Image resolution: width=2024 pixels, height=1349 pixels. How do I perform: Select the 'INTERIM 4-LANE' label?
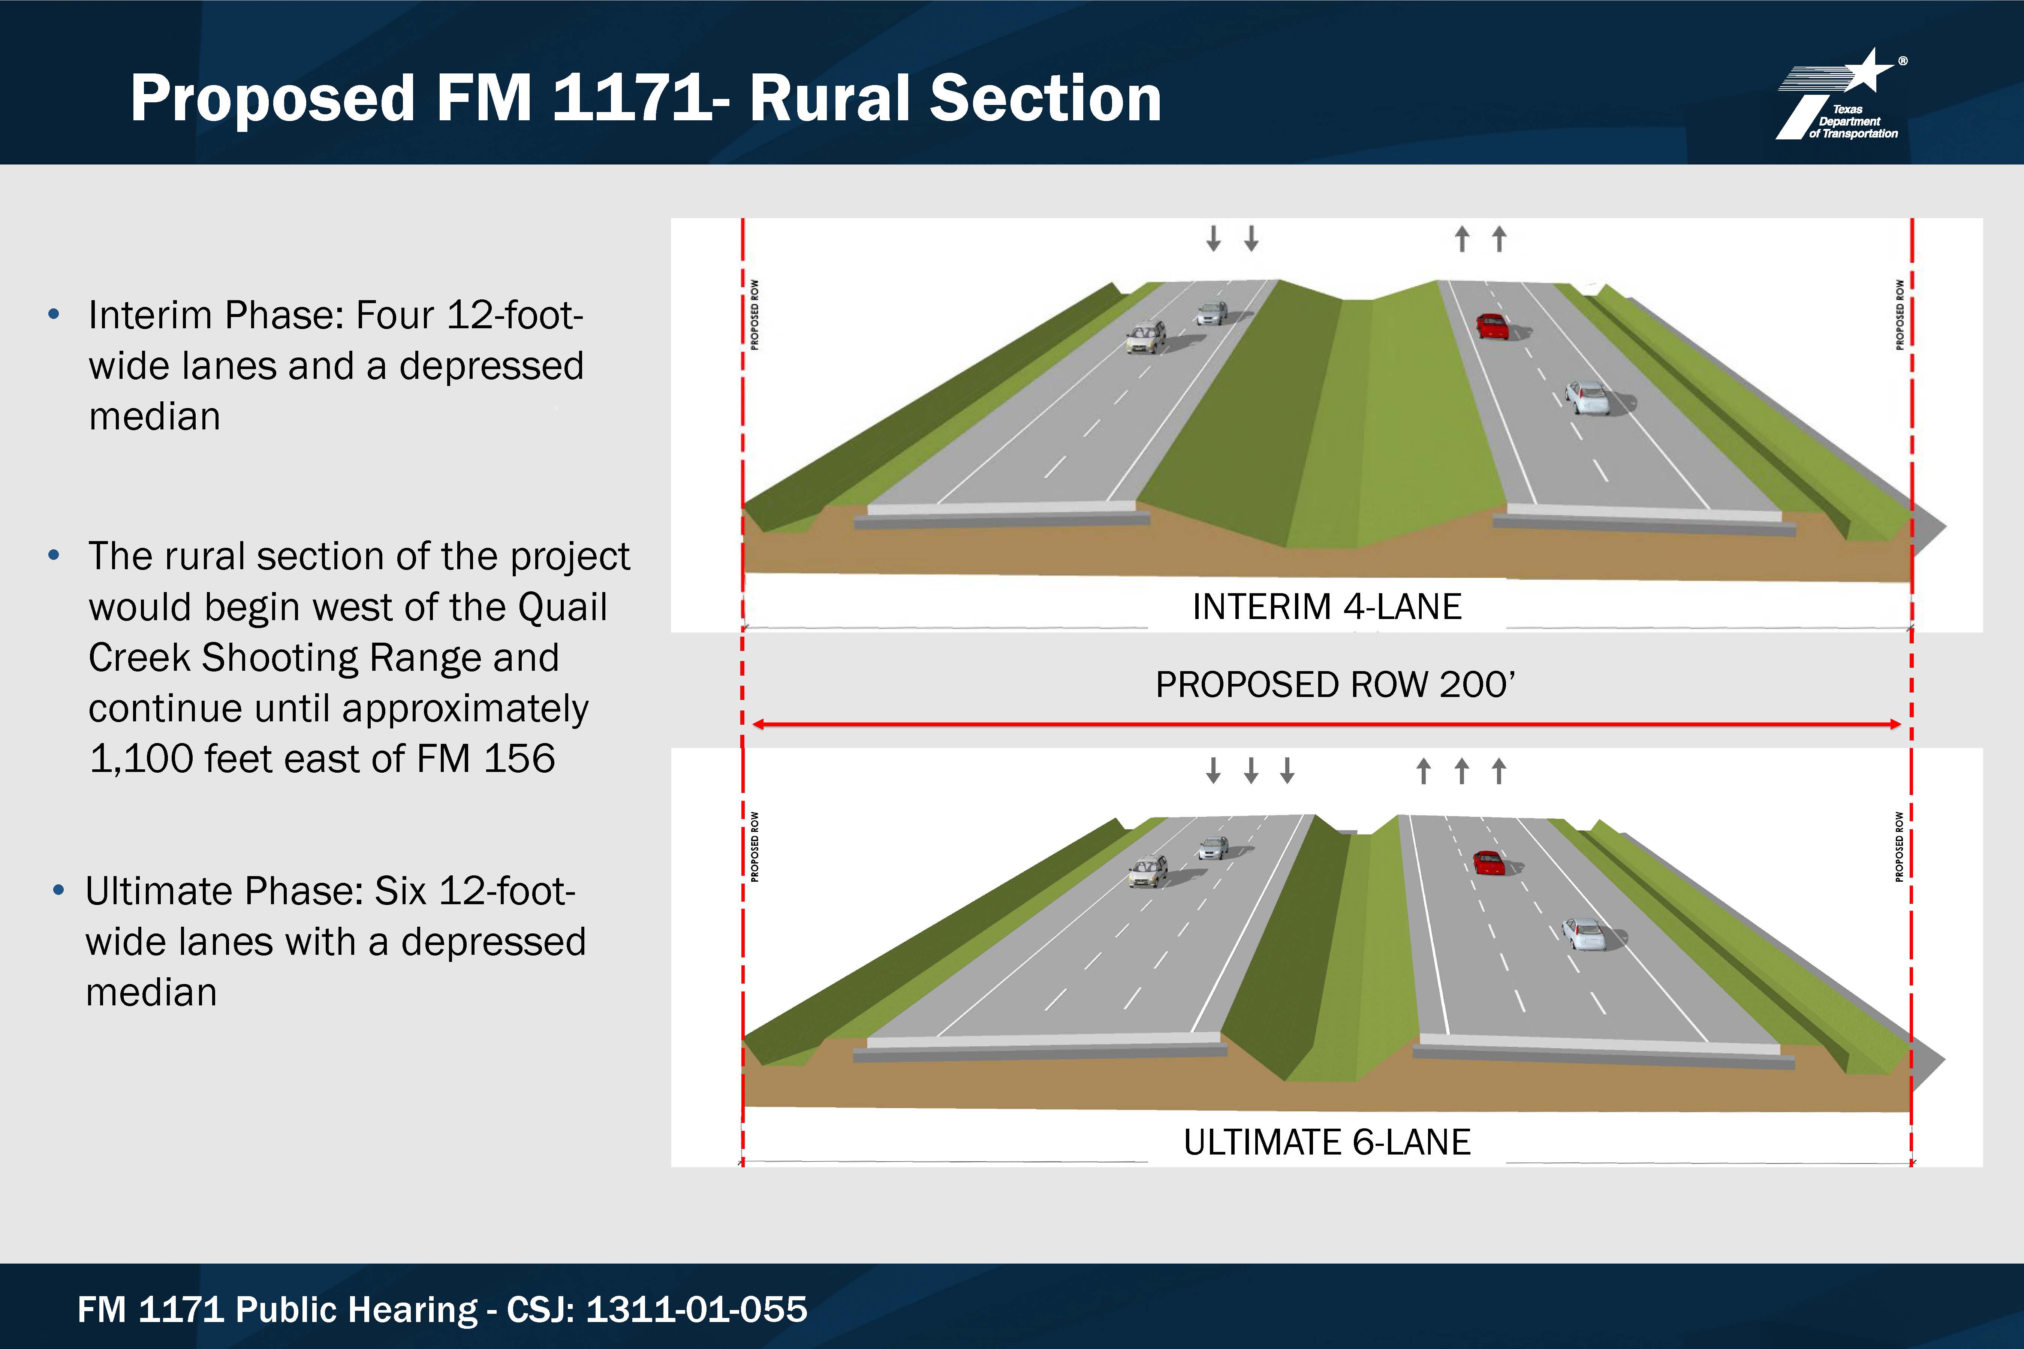[x=1326, y=607]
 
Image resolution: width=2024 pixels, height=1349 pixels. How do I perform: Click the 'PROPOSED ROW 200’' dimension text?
[x=1335, y=685]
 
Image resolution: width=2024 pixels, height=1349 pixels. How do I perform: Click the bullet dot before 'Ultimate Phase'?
[x=58, y=890]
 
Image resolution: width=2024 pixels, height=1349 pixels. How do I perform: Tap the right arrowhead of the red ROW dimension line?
[x=1896, y=724]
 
